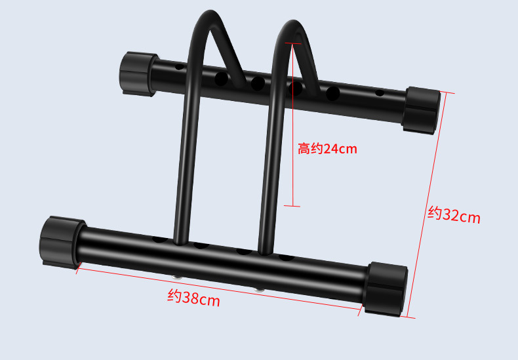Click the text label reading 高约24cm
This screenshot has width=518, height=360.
327,149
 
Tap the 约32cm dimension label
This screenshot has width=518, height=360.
454,215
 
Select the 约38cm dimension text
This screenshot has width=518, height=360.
193,298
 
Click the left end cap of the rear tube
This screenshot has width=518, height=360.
138,74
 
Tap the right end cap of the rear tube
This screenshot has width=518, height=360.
421,110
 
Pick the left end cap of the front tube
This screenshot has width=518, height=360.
62,243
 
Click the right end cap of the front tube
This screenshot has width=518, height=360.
385,289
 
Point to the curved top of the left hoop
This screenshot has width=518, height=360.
209,15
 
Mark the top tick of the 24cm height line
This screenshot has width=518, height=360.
292,43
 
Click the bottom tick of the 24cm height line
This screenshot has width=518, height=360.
292,206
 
